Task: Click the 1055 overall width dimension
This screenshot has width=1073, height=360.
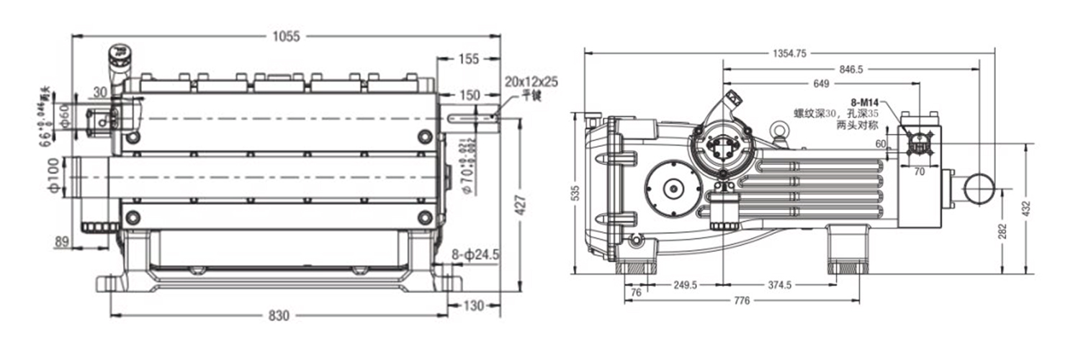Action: pyautogui.click(x=286, y=36)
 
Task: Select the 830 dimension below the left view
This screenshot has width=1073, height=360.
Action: pyautogui.click(x=279, y=315)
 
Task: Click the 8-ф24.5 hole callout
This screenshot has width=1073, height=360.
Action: pyautogui.click(x=475, y=254)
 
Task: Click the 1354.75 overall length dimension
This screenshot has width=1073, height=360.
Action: pyautogui.click(x=789, y=53)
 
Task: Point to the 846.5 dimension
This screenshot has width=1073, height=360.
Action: pyautogui.click(x=850, y=69)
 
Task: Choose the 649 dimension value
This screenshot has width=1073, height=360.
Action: pyautogui.click(x=821, y=84)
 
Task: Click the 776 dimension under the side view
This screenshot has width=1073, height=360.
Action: pyautogui.click(x=741, y=300)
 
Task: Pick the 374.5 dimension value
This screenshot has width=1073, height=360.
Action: pyautogui.click(x=779, y=285)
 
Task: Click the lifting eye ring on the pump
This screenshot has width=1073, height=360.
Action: pyautogui.click(x=778, y=130)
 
